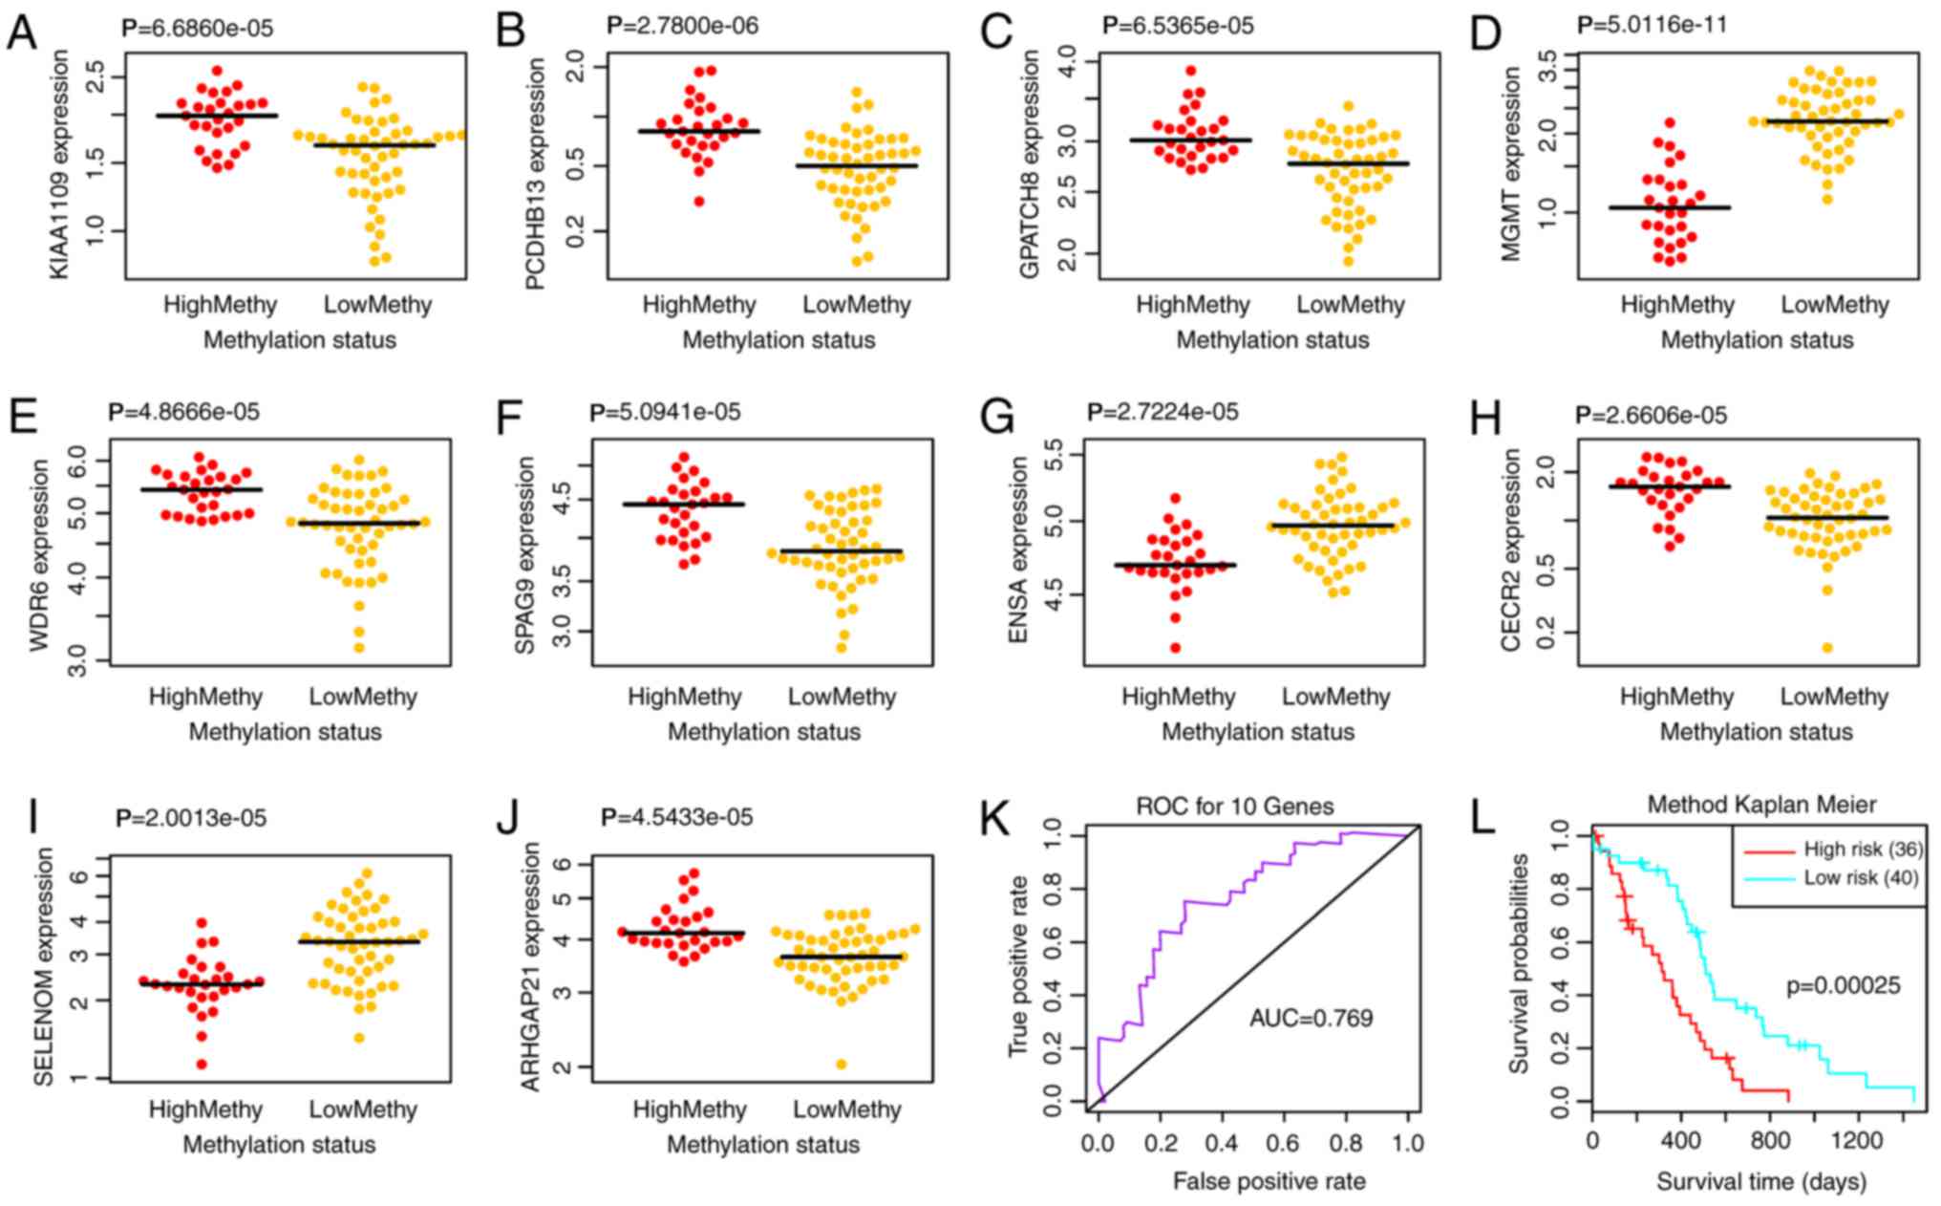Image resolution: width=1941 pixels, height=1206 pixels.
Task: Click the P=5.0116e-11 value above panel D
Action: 1652,25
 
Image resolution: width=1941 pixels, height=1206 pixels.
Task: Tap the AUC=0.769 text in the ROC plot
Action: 1311,1018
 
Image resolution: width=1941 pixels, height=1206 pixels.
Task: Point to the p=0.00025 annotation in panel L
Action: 1843,985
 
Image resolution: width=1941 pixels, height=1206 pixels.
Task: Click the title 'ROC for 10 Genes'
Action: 1234,807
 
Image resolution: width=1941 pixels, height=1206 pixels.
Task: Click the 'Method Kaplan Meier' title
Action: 1761,805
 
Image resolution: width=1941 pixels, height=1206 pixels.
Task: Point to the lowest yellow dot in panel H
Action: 1826,648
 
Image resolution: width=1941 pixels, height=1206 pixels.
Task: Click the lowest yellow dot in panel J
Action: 841,1064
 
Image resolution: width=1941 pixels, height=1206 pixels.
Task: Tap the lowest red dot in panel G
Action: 1175,648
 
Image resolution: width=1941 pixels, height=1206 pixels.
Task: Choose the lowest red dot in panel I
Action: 201,1064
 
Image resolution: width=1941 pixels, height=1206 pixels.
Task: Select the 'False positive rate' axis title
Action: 1269,1181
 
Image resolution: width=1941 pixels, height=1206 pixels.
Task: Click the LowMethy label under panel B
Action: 856,305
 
